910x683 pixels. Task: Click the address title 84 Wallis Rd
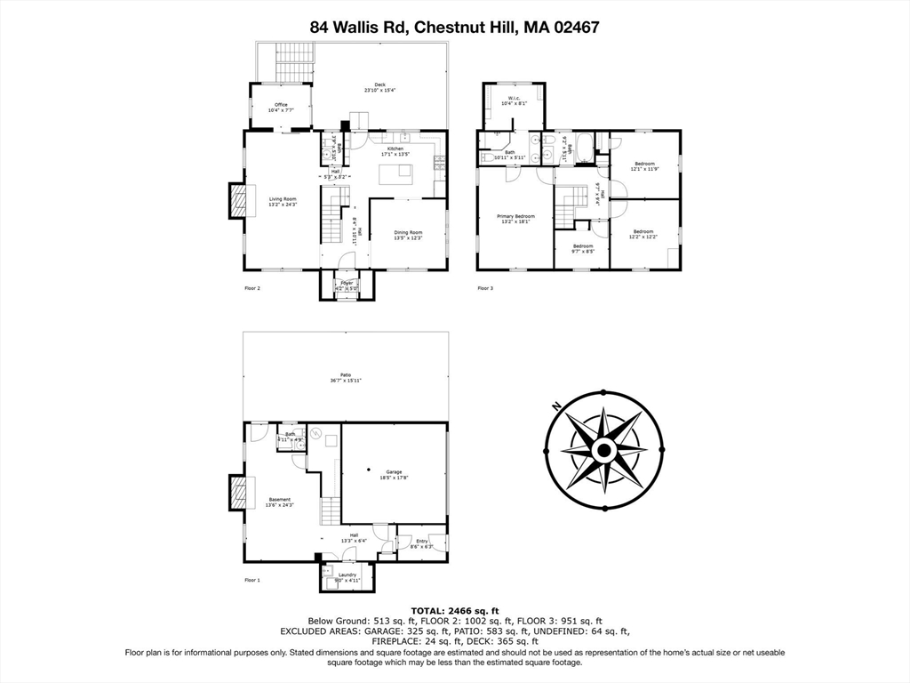[x=454, y=27]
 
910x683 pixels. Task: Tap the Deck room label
[x=379, y=87]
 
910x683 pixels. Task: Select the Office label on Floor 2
[x=281, y=107]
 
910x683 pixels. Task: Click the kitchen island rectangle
[x=396, y=175]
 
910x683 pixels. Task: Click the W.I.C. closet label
[x=514, y=100]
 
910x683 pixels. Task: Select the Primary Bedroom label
[x=515, y=218]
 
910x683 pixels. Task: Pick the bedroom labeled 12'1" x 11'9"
[x=644, y=166]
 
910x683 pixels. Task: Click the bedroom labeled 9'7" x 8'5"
[x=582, y=248]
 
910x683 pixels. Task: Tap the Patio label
[x=346, y=377]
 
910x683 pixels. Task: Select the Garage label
[x=394, y=473]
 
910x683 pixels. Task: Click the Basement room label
[x=280, y=502]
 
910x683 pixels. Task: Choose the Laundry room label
[x=347, y=577]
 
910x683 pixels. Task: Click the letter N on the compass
[x=556, y=406]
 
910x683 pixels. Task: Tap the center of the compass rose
[x=603, y=451]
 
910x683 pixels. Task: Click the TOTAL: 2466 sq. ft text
[x=454, y=610]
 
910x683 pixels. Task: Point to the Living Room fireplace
[x=237, y=201]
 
